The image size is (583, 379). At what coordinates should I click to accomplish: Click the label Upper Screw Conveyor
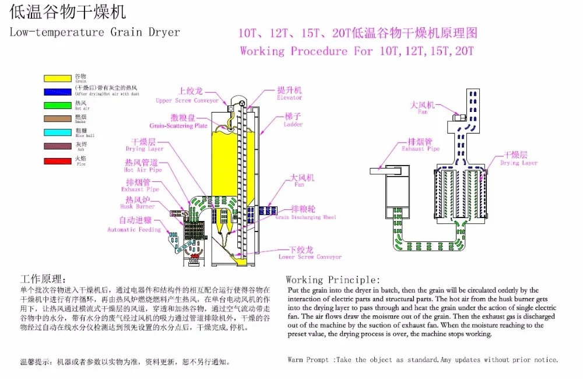(x=187, y=100)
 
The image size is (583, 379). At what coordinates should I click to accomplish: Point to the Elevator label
(x=289, y=97)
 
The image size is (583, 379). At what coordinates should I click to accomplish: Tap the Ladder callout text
(x=293, y=124)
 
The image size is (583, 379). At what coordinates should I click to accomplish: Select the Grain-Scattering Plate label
(x=178, y=125)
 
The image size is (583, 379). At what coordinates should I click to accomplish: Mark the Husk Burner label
(x=138, y=206)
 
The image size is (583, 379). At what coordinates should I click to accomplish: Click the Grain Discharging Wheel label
(x=305, y=217)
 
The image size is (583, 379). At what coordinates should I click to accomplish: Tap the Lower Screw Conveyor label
(x=310, y=257)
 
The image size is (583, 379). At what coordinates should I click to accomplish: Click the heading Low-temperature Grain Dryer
(x=95, y=32)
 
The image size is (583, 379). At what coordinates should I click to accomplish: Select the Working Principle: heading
(x=333, y=279)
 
